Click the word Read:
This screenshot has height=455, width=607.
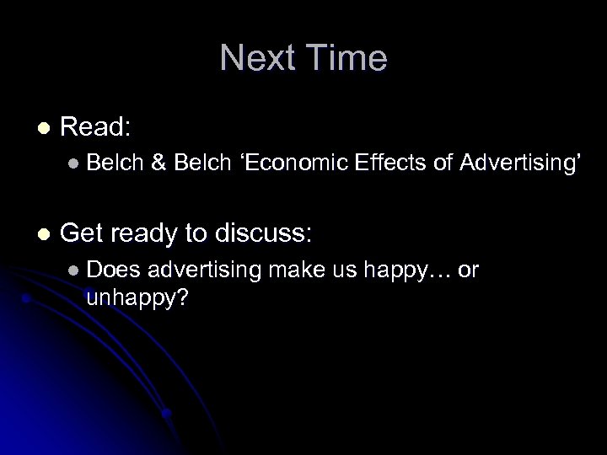pos(95,127)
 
